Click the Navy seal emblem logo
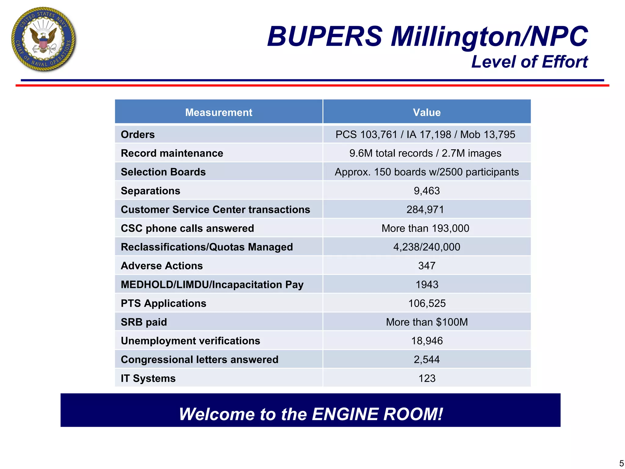43,40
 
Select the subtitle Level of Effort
529,62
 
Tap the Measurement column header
219,112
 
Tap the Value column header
427,112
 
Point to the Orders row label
138,135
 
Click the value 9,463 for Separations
427,191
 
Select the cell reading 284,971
425,210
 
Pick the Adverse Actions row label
162,266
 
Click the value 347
427,266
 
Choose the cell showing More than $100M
427,322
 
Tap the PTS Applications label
164,304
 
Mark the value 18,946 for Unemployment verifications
427,341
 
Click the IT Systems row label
148,379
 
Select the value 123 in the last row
427,379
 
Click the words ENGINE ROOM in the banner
377,414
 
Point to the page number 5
621,464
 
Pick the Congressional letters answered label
200,360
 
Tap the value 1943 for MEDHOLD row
427,285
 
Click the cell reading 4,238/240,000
427,247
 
